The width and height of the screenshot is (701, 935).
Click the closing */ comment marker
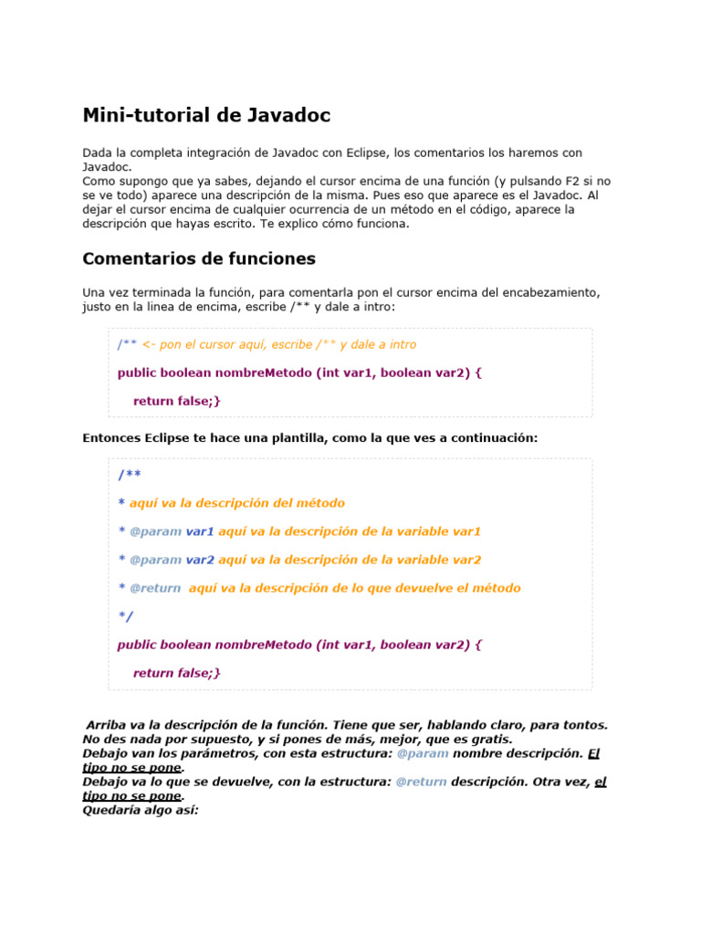click(125, 616)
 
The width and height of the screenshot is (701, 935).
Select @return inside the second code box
click(155, 588)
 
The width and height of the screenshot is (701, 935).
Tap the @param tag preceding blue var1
click(155, 531)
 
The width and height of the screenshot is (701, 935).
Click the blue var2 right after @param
click(200, 560)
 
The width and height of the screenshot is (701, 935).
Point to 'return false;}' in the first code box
click(177, 401)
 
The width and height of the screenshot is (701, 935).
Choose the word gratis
click(490, 740)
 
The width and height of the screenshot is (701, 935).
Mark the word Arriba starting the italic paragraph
click(108, 725)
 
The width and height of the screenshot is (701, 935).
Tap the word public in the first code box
click(138, 373)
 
